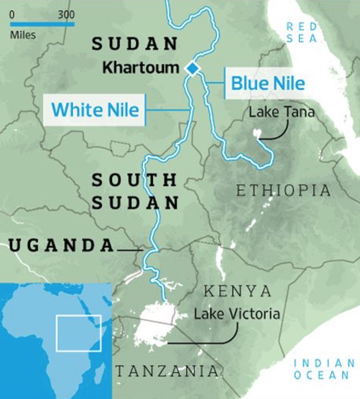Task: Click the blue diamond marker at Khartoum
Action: point(193,68)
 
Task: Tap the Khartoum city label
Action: point(141,68)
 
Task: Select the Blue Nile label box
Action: point(267,84)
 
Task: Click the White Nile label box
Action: point(95,110)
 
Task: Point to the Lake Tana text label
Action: point(282,112)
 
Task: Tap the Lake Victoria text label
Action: point(237,314)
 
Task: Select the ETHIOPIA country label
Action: point(283,191)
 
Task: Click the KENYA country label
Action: point(238,292)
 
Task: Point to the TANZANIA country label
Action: point(167,371)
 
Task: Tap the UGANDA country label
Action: point(61,246)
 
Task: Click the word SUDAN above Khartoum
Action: point(134,44)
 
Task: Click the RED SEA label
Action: point(301,32)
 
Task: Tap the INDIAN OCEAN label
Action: point(324,369)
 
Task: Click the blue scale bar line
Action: point(42,24)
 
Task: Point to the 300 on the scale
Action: point(66,15)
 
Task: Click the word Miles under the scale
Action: point(23,35)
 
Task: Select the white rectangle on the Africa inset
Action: point(79,333)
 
